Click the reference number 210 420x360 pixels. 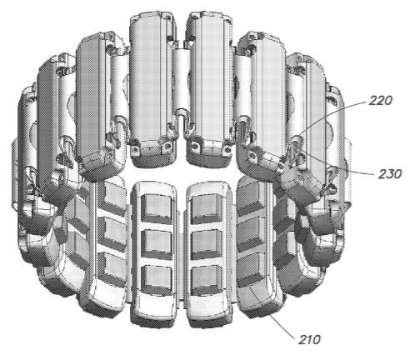[x=309, y=339]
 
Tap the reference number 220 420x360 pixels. [x=380, y=100]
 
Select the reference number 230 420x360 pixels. [x=390, y=174]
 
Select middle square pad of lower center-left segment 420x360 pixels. [x=157, y=242]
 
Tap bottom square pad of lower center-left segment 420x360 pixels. [x=157, y=277]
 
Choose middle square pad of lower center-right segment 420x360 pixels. [x=207, y=242]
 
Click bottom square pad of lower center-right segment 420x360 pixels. [x=207, y=277]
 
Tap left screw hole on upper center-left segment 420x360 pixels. [x=135, y=149]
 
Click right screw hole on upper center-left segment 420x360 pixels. [x=167, y=146]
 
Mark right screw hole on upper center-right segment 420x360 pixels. [x=227, y=150]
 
